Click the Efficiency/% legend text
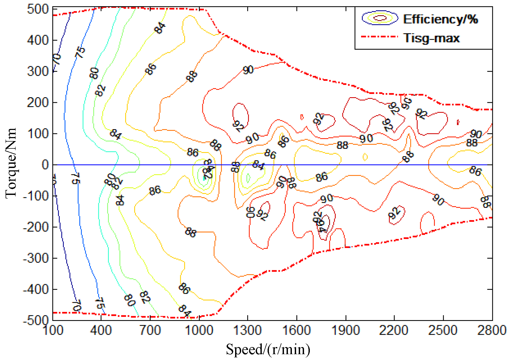(x=440, y=19)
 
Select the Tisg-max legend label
(x=432, y=38)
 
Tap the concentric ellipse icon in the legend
(x=380, y=18)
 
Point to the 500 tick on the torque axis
(x=38, y=9)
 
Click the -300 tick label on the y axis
(x=36, y=258)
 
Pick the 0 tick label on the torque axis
(x=45, y=165)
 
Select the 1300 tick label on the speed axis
(x=248, y=330)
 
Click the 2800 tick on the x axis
(x=492, y=330)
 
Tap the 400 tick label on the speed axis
(x=101, y=330)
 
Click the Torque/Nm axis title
(x=11, y=163)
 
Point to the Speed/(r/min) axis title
(x=268, y=349)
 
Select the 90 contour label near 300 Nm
(x=248, y=70)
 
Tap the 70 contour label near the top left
(x=57, y=59)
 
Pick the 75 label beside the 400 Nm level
(x=80, y=52)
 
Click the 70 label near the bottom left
(x=77, y=306)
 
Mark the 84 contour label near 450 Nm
(x=160, y=28)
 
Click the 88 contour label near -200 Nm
(x=190, y=232)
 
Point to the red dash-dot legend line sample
(x=379, y=37)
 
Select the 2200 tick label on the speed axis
(x=394, y=330)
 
